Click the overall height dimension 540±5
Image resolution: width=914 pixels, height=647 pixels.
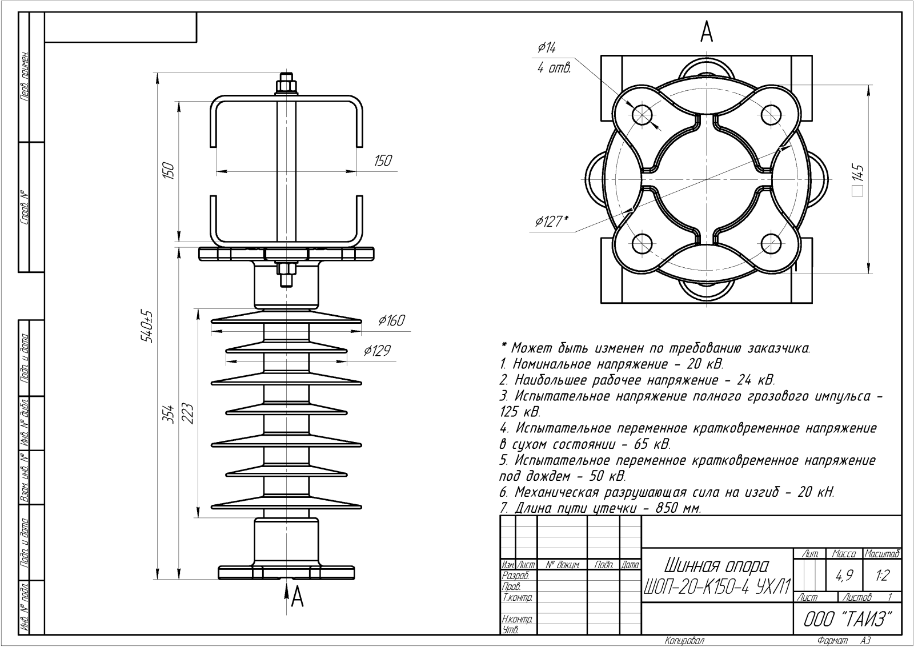[148, 327]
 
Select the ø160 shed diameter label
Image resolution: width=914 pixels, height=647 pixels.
[391, 321]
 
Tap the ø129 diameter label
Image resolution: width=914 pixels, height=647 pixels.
[377, 351]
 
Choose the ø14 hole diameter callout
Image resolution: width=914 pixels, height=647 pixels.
[547, 48]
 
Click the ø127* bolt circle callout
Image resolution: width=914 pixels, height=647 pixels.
[551, 222]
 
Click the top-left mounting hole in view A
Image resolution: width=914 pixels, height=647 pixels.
[642, 115]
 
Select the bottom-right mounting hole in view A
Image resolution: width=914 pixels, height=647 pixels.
[771, 244]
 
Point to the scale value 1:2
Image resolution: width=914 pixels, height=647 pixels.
[882, 576]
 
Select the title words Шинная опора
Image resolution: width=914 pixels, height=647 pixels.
[716, 565]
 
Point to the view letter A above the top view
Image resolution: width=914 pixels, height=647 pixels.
[707, 32]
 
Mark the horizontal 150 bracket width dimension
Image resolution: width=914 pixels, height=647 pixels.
[383, 161]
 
